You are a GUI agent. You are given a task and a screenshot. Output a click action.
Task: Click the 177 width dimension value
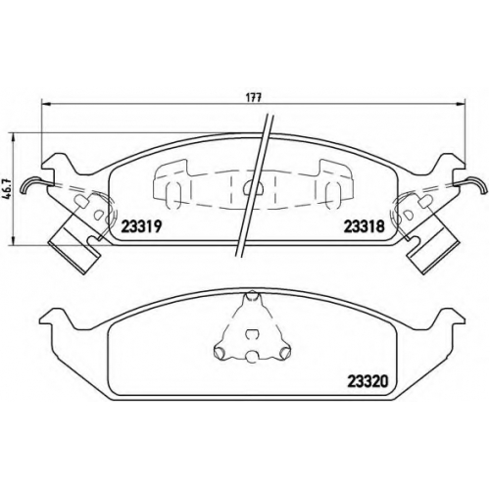[253, 98]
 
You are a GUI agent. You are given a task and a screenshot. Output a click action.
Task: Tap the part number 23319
[141, 226]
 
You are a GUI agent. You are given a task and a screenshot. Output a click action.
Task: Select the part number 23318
[365, 226]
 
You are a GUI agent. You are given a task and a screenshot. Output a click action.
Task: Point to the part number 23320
[368, 380]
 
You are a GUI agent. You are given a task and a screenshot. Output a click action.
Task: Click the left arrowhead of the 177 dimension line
[46, 104]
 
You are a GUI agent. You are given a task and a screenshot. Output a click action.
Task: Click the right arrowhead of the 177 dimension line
[461, 104]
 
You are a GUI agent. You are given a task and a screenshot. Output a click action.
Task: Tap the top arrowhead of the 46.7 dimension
[13, 137]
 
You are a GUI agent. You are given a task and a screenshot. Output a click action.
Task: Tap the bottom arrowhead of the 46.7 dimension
[13, 241]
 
